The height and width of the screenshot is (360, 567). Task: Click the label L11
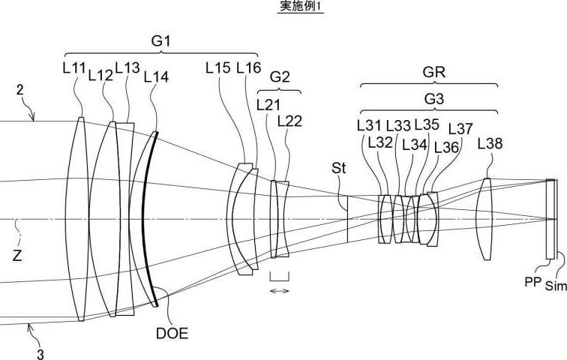click(x=74, y=68)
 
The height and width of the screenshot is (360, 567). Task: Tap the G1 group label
click(x=160, y=41)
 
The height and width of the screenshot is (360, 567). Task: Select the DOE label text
click(x=172, y=333)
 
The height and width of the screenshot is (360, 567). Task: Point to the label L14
click(x=156, y=77)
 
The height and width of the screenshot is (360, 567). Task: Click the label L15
click(x=218, y=67)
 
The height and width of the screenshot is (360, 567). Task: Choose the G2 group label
click(x=280, y=77)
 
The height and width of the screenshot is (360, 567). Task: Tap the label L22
click(x=289, y=121)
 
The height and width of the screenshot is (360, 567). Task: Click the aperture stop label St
click(x=338, y=168)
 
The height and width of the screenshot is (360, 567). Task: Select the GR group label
click(x=434, y=72)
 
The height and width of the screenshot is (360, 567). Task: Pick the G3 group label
click(x=434, y=98)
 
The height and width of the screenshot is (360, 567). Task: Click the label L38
click(x=490, y=144)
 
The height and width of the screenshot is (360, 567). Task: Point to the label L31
click(x=369, y=126)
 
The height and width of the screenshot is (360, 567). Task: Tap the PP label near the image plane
click(x=533, y=282)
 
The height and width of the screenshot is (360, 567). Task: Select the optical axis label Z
click(x=17, y=256)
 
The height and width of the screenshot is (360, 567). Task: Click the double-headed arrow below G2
click(x=280, y=290)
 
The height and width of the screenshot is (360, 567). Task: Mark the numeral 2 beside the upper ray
click(x=20, y=90)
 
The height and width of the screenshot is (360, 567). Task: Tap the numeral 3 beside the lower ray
click(x=40, y=354)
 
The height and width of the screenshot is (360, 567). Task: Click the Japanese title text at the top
click(x=300, y=6)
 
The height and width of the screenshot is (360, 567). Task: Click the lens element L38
click(x=484, y=219)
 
